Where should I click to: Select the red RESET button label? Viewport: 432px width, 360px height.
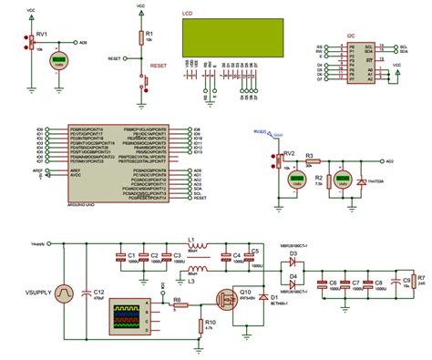pos(158,67)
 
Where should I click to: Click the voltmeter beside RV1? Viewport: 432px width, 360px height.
pos(59,63)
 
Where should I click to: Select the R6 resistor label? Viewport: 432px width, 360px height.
pos(177,299)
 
